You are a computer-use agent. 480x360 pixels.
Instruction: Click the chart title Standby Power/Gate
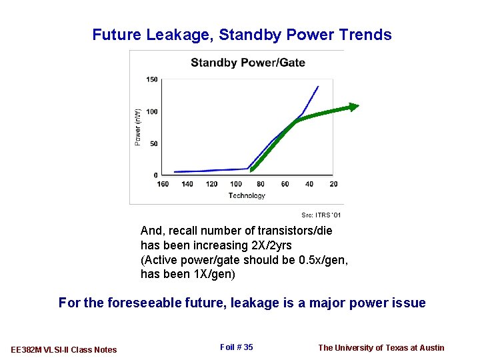tap(247, 63)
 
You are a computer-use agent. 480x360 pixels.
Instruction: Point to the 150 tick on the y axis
tap(152, 80)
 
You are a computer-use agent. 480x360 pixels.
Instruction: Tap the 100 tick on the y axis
tap(152, 112)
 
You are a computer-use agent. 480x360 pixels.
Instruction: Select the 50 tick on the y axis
tap(153, 143)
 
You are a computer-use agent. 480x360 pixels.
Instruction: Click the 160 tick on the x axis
tap(163, 185)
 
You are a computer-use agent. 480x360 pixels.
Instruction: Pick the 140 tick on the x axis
tap(187, 185)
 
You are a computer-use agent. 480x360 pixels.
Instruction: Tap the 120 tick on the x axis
tap(211, 185)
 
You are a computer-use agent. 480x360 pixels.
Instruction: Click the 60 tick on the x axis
tap(285, 185)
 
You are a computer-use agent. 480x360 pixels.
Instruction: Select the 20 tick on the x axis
tap(333, 185)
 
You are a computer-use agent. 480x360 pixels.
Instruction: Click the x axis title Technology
tap(247, 195)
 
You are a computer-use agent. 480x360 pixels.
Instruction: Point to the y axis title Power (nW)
tap(138, 127)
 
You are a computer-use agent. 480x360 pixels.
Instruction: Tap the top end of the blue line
tap(317, 87)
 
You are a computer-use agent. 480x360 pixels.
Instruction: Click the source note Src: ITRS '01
tap(321, 215)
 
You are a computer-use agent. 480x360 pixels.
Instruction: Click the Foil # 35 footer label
tap(236, 347)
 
